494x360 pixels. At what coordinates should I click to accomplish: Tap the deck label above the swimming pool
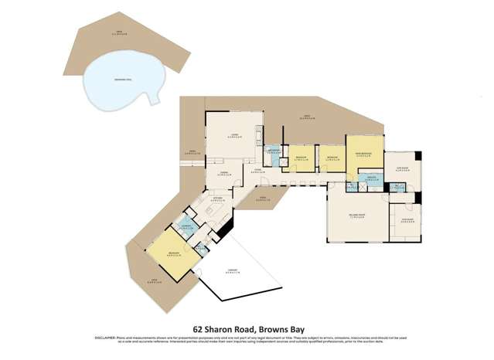118,33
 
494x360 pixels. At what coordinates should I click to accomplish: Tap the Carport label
232,271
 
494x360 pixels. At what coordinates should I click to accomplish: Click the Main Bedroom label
364,154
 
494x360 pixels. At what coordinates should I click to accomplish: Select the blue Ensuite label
373,179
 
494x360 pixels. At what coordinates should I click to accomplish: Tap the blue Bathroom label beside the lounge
272,152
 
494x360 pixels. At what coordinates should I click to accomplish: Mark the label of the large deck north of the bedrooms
307,117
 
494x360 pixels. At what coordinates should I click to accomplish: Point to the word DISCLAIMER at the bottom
106,338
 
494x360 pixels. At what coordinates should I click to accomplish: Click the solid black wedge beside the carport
225,228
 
